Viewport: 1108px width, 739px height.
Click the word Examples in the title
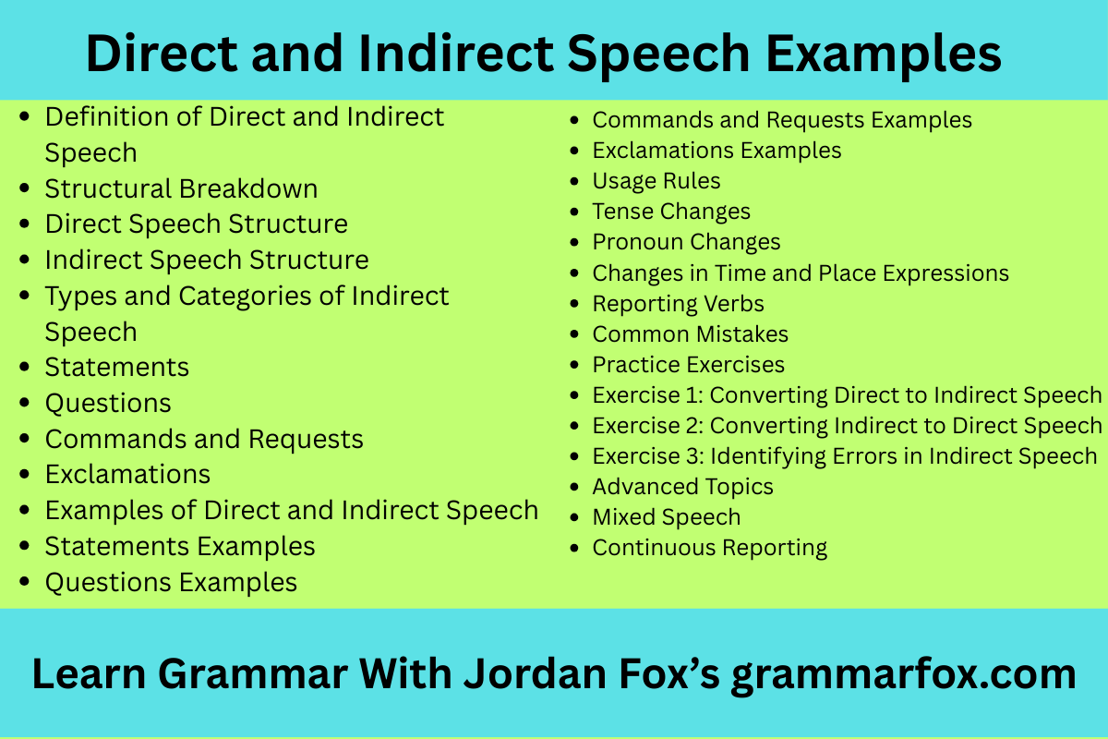coord(884,54)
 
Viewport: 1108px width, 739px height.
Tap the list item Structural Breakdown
coord(181,188)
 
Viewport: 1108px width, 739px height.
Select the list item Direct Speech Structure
coord(197,224)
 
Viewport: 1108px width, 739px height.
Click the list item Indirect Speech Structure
coord(207,260)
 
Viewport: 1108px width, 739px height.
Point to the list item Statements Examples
coord(180,547)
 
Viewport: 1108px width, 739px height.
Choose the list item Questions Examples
coord(171,582)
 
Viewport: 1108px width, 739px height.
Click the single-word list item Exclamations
coord(127,475)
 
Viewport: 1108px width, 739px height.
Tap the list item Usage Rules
coord(656,181)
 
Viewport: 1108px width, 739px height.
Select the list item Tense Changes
coord(671,212)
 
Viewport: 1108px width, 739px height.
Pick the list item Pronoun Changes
coord(687,243)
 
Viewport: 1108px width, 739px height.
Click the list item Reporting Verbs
coord(678,304)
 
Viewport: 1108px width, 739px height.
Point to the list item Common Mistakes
coord(691,334)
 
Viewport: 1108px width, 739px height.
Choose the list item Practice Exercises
coord(689,365)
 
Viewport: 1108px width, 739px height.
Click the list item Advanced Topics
coord(682,487)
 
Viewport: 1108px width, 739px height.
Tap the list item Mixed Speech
coord(667,517)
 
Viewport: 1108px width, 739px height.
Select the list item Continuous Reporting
coord(710,549)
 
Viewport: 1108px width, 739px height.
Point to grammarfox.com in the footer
coord(904,674)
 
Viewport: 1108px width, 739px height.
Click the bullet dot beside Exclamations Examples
coord(573,150)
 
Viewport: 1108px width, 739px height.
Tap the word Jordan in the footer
coord(535,673)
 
